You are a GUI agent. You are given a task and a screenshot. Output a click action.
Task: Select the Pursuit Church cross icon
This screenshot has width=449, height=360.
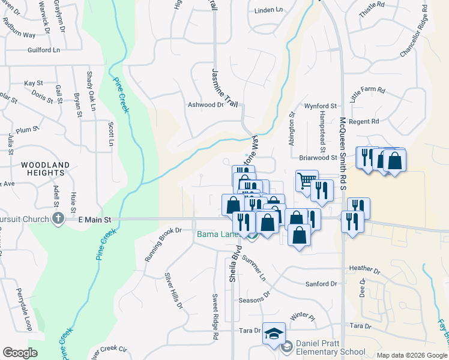pos(58,218)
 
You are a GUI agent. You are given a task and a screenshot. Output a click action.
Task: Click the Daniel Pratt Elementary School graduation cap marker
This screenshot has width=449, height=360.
pos(274,334)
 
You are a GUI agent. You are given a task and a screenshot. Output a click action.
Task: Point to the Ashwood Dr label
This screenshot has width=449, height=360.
pos(205,104)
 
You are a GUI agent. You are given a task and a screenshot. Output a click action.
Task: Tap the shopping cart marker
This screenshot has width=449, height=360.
pos(306,180)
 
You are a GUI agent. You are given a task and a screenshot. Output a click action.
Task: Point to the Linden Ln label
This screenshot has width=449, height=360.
pos(268,10)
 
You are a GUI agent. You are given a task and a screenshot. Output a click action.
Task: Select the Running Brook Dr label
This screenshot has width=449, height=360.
pos(163,244)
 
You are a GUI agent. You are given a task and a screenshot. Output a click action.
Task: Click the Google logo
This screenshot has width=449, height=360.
pos(20,353)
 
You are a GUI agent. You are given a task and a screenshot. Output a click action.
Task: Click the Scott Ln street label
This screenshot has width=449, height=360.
pos(110,134)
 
